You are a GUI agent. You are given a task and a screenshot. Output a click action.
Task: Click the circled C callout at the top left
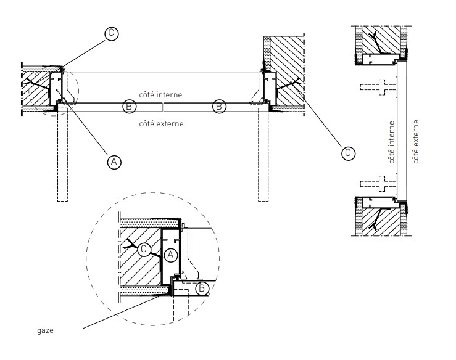pyautogui.click(x=112, y=33)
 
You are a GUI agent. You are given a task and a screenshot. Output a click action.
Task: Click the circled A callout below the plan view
pyautogui.click(x=114, y=162)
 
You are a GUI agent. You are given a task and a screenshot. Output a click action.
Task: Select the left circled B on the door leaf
pyautogui.click(x=129, y=107)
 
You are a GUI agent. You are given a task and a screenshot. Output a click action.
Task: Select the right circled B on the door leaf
pyautogui.click(x=219, y=107)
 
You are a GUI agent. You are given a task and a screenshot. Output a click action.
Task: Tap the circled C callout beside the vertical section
pyautogui.click(x=348, y=153)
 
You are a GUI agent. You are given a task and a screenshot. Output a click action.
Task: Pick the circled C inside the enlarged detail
pyautogui.click(x=144, y=249)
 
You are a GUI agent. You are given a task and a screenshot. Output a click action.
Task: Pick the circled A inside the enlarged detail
pyautogui.click(x=171, y=255)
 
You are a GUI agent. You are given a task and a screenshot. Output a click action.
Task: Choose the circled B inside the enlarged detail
pyautogui.click(x=202, y=289)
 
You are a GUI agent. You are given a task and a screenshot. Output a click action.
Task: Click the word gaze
pyautogui.click(x=46, y=330)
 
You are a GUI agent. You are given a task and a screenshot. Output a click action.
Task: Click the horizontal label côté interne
pyautogui.click(x=160, y=95)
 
